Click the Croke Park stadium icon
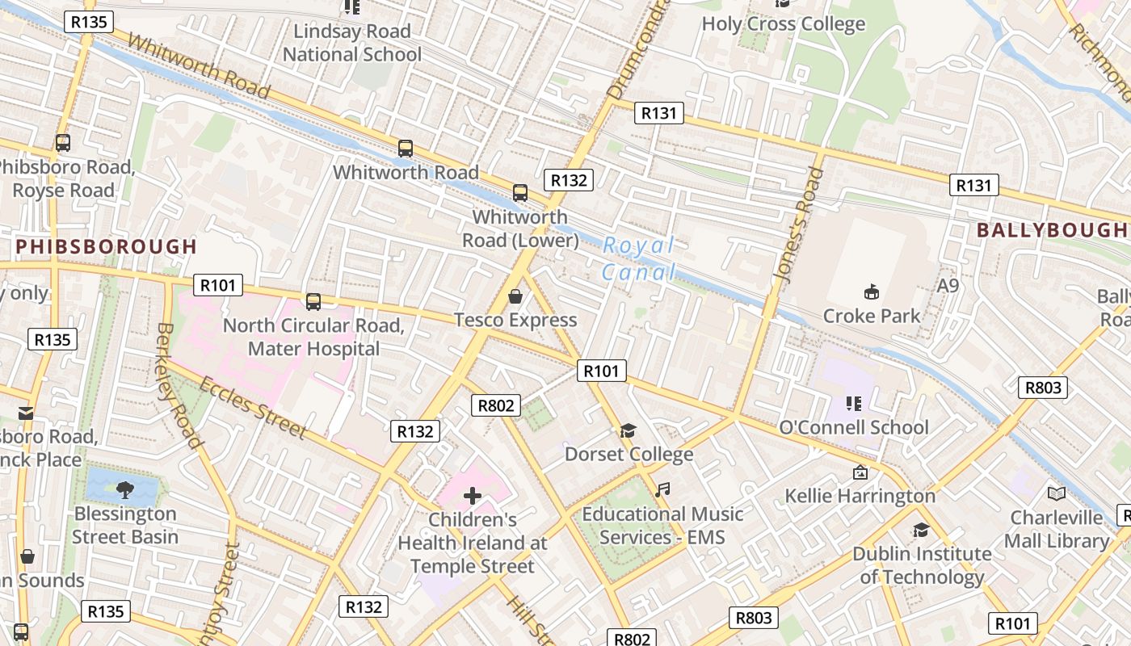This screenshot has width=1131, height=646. [871, 292]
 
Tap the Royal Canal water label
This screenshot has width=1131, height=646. [639, 258]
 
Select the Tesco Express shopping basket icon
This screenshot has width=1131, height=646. [515, 296]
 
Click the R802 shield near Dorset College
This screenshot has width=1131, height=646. [496, 405]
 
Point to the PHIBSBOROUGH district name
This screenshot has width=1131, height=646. [106, 246]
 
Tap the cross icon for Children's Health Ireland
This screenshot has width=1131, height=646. [473, 495]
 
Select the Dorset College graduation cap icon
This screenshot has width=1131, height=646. [629, 430]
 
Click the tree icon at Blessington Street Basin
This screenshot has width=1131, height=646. [124, 489]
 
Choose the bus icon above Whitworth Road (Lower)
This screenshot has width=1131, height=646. [520, 193]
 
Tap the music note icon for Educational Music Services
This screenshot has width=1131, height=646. [662, 489]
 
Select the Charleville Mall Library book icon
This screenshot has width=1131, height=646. [1056, 493]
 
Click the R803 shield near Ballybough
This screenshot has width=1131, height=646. [1042, 388]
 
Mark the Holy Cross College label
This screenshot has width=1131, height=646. [783, 24]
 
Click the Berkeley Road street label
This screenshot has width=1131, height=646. [178, 385]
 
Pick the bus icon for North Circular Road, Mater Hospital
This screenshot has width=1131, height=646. [313, 302]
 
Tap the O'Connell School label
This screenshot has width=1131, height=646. [853, 427]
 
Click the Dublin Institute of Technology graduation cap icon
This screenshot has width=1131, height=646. [921, 530]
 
